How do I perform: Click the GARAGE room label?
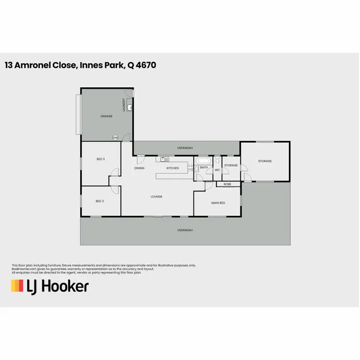pyautogui.click(x=106, y=117)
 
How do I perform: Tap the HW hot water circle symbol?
pyautogui.click(x=115, y=138)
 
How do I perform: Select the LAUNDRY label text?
pyautogui.click(x=124, y=105)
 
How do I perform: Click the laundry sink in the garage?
pyautogui.click(x=130, y=108)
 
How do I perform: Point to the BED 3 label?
pyautogui.click(x=100, y=159)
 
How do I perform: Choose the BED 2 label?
pyautogui.click(x=100, y=201)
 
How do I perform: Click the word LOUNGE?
pyautogui.click(x=156, y=196)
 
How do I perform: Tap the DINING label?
pyautogui.click(x=139, y=168)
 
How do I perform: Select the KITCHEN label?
pyautogui.click(x=172, y=168)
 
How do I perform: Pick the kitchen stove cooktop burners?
pyautogui.click(x=190, y=168)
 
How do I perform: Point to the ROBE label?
pyautogui.click(x=227, y=184)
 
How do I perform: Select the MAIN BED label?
pyautogui.click(x=218, y=203)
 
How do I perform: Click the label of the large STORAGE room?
pyautogui.click(x=265, y=161)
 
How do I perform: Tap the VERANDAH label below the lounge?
pyautogui.click(x=185, y=230)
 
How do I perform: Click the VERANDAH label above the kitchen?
pyautogui.click(x=185, y=148)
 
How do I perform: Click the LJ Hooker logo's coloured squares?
pyautogui.click(x=17, y=286)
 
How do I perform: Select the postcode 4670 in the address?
pyautogui.click(x=146, y=65)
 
